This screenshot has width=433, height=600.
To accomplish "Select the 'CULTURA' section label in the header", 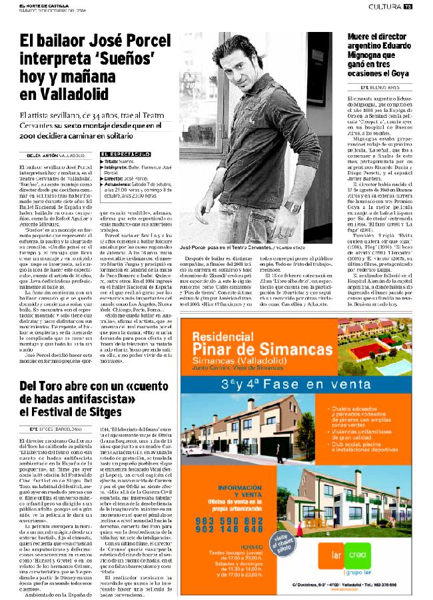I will tap(384, 6).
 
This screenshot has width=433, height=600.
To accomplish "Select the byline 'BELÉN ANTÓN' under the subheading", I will tap(34, 155).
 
